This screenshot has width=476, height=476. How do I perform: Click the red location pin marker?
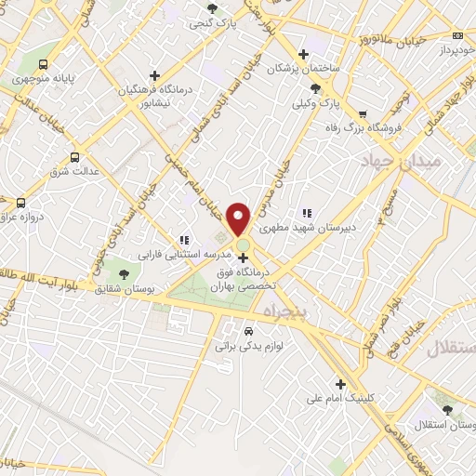pos(240,218)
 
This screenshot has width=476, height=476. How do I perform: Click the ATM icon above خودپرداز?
pos(457,34)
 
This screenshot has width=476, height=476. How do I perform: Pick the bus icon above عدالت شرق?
pos(74,157)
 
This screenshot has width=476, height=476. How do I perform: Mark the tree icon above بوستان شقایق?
pos(124,272)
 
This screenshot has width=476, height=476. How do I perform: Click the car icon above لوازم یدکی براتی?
pos(247,331)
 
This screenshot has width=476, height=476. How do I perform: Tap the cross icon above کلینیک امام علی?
pos(340,383)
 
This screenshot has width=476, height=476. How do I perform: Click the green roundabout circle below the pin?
pos(243,245)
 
